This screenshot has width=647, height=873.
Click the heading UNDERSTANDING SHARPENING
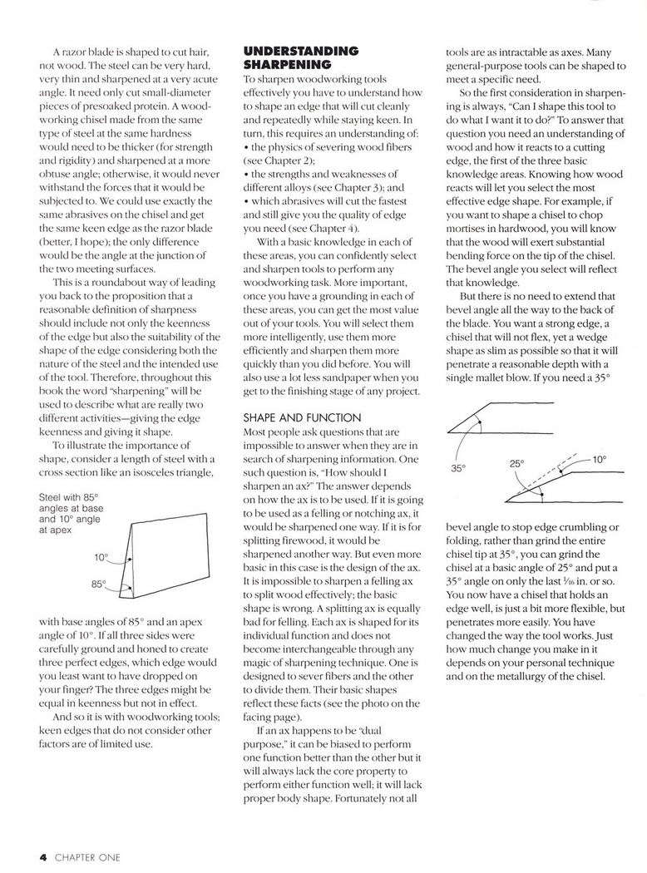pyautogui.click(x=300, y=57)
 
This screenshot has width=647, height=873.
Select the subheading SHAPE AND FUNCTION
pyautogui.click(x=301, y=417)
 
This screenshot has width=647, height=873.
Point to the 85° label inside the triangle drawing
pyautogui.click(x=100, y=584)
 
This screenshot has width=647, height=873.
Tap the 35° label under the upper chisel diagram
pyautogui.click(x=457, y=468)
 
